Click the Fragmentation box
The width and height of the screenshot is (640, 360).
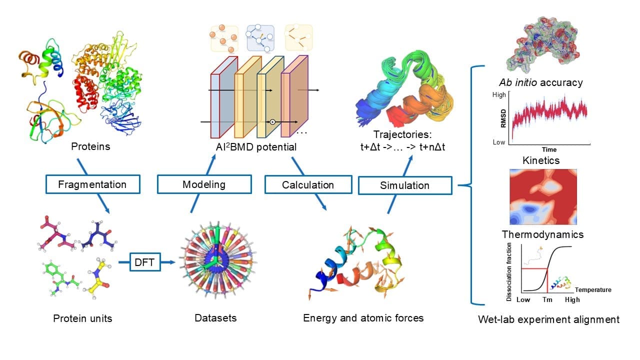[x=92, y=184]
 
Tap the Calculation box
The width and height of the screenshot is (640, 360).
[x=307, y=185]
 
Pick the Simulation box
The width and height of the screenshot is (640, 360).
[x=405, y=185]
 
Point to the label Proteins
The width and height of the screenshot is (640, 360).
[x=90, y=146]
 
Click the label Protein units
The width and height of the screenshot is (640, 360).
[x=82, y=318]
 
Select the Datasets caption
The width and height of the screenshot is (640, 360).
[x=215, y=318]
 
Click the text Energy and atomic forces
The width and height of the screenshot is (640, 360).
[x=363, y=318]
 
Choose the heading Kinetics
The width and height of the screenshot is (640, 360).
[x=541, y=160]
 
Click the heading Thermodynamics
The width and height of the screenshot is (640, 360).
[x=542, y=234]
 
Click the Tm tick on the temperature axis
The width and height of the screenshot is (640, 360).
[x=547, y=299]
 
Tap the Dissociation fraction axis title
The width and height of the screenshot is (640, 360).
[x=509, y=271]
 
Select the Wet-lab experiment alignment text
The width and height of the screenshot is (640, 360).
[x=548, y=319]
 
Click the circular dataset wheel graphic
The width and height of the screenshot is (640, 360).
[x=213, y=264]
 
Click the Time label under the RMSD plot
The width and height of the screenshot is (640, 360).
[x=548, y=149]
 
